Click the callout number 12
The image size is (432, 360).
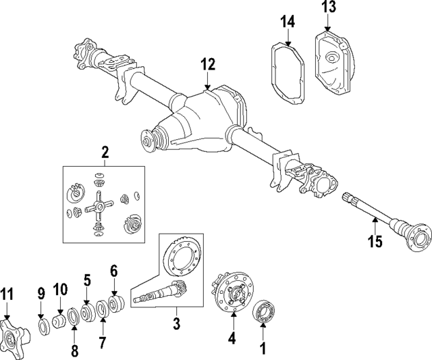tap(207, 65)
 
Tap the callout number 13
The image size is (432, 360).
tap(328, 7)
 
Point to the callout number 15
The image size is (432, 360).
tap(374, 241)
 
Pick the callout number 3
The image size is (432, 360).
tap(175, 325)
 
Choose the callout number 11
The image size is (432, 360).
tap(7, 294)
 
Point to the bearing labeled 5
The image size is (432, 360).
tap(87, 313)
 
